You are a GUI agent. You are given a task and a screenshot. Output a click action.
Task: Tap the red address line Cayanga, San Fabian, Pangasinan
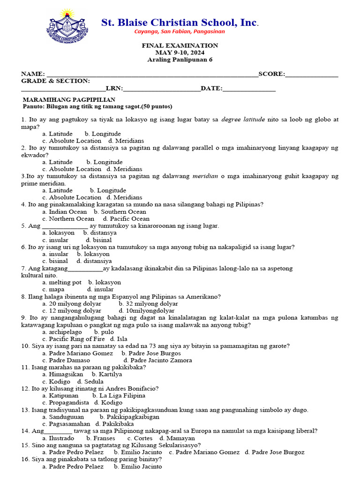[180, 31]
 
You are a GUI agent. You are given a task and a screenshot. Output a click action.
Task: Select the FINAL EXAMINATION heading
[180, 45]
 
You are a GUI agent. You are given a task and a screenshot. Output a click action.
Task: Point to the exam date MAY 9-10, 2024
[180, 52]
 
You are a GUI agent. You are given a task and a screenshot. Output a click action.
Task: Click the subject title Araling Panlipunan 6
[180, 60]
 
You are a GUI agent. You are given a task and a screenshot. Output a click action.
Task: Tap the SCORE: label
[271, 74]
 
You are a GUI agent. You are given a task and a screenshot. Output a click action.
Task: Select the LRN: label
[114, 88]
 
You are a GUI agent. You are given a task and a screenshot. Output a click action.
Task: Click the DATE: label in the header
[212, 88]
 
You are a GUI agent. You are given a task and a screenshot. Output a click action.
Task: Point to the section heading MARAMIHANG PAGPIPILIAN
[69, 100]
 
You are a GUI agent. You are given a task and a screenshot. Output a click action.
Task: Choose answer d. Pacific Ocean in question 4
[127, 218]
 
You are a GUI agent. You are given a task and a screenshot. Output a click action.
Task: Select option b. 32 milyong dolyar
[149, 303]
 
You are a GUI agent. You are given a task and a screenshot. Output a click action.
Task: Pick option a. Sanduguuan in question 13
[63, 416]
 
